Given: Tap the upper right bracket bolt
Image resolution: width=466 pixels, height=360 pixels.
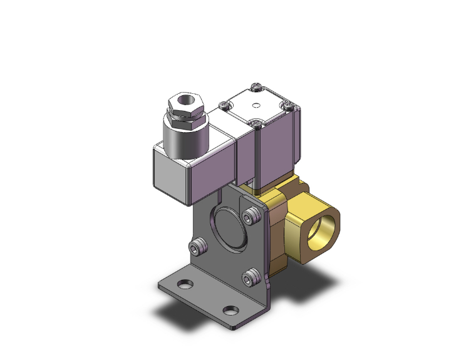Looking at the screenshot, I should coord(252,217).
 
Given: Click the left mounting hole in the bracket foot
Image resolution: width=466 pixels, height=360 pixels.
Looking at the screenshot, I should coord(185,285).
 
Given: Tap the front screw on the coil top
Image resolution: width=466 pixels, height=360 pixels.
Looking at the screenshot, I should coord(257,123).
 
